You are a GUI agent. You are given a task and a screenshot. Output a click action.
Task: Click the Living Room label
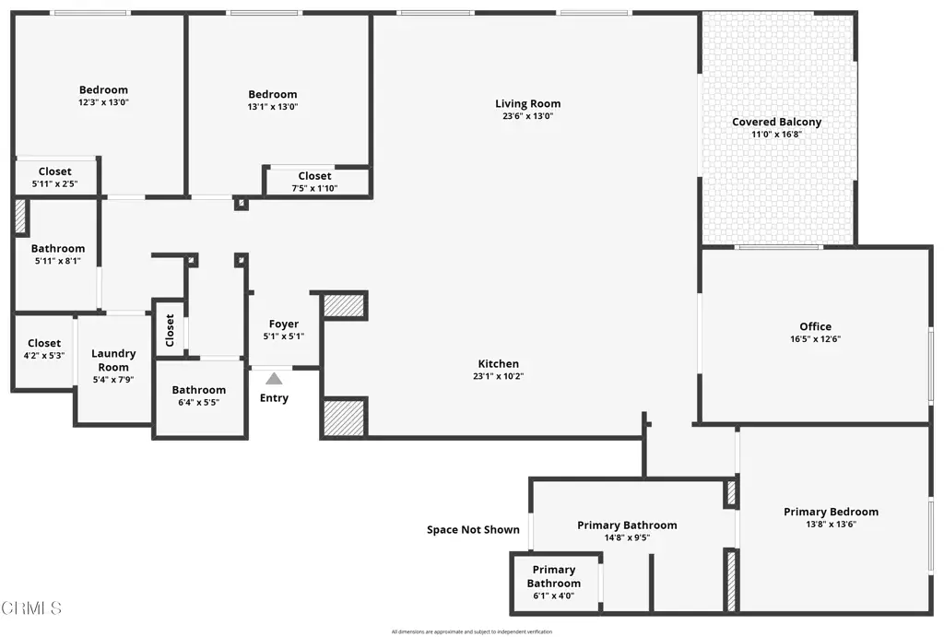(527, 104)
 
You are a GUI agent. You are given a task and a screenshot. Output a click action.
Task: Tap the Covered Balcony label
(776, 122)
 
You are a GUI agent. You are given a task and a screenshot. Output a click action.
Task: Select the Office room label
(815, 326)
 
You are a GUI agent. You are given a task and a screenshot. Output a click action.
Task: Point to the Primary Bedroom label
(831, 512)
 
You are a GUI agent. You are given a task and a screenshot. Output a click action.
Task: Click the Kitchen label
(498, 364)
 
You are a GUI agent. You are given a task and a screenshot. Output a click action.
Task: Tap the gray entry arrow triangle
(274, 378)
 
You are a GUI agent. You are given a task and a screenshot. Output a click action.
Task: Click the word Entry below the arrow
(274, 398)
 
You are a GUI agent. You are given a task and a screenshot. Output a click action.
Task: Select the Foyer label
(284, 324)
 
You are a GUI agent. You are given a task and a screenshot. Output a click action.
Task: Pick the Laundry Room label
(113, 360)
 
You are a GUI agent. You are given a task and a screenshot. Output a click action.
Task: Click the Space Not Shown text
(473, 530)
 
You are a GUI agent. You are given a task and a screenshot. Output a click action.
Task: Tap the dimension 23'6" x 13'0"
(527, 117)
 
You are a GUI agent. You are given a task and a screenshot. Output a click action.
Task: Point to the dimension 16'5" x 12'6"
(815, 339)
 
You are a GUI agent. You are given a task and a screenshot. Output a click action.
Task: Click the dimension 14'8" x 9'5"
(627, 538)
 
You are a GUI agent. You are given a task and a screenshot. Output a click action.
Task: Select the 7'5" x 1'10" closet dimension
(314, 189)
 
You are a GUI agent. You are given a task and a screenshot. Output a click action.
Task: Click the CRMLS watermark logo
(32, 608)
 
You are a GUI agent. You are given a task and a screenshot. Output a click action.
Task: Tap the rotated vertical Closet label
(170, 330)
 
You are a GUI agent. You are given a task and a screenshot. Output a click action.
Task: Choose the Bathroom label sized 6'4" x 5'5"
(198, 390)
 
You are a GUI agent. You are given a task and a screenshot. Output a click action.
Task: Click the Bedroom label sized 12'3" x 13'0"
(103, 90)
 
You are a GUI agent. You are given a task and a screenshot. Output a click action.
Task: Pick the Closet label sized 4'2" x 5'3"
(44, 344)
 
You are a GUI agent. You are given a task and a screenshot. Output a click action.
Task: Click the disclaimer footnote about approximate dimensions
(471, 631)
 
